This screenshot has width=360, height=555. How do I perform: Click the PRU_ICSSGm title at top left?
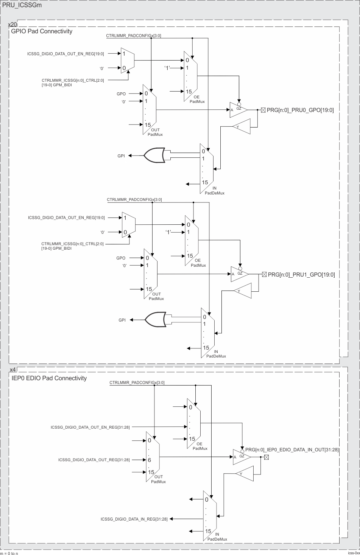(x=22, y=5)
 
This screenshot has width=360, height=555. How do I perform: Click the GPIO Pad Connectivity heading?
(x=42, y=31)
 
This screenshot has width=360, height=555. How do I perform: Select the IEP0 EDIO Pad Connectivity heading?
(x=49, y=378)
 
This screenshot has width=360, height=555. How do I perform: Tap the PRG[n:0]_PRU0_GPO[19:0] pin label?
(x=300, y=110)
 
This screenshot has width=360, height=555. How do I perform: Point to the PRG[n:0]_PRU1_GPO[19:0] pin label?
(x=301, y=275)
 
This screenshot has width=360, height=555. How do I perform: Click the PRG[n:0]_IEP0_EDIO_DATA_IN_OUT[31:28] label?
(x=292, y=450)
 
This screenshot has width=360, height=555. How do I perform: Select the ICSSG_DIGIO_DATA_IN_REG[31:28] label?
(x=134, y=519)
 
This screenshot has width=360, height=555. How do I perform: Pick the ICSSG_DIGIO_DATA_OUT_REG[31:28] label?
(x=94, y=460)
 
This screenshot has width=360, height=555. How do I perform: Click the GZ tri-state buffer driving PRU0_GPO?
(x=238, y=110)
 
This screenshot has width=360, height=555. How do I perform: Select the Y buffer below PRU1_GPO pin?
(x=242, y=291)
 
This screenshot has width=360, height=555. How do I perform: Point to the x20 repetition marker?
(x=12, y=25)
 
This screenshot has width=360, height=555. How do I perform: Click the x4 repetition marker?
(x=12, y=369)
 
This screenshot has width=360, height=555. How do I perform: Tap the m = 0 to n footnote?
(x=9, y=553)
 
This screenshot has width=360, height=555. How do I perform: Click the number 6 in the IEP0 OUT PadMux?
(x=150, y=460)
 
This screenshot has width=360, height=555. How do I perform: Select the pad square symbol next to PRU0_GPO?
(x=264, y=110)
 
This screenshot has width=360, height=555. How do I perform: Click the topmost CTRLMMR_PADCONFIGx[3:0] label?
(x=134, y=36)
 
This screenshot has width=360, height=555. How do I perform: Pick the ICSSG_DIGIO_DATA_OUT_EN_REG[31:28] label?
(x=90, y=427)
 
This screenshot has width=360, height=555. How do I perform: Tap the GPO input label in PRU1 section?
(x=121, y=258)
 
